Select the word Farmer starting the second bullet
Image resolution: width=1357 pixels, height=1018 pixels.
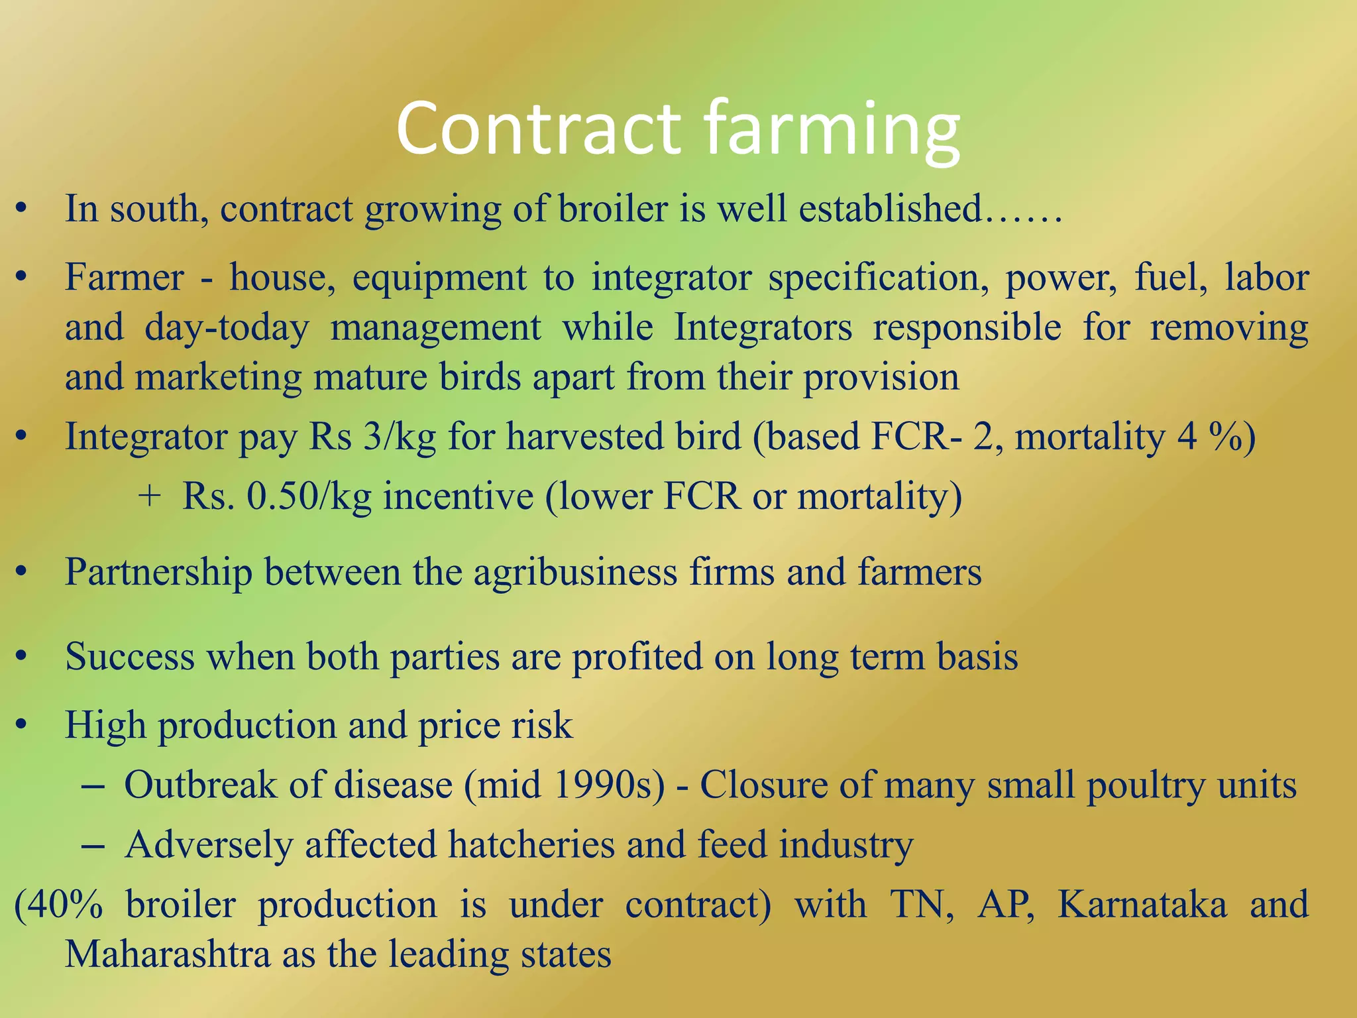pos(124,276)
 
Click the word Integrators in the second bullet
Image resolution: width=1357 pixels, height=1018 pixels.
pos(763,327)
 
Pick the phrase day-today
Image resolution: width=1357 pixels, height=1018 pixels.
pos(227,328)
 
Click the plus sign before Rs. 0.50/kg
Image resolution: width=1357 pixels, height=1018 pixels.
pos(150,496)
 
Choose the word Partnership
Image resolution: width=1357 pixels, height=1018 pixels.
pos(158,572)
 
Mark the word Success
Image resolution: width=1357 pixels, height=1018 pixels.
pos(130,657)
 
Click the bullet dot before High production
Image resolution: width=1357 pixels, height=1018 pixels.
pos(21,725)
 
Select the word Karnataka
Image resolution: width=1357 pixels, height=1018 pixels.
pos(1142,905)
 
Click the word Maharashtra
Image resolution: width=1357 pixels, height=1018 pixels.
pos(167,955)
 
